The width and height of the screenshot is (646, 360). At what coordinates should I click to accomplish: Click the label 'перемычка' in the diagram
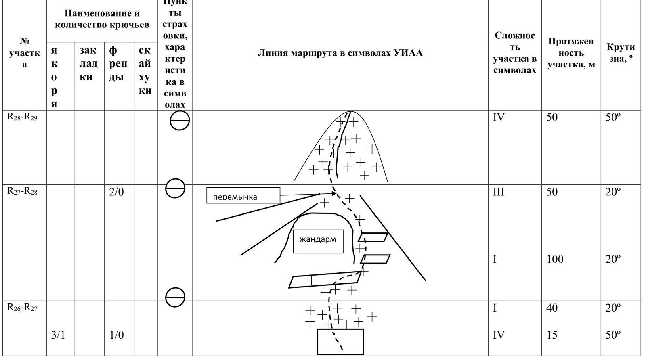(x=235, y=197)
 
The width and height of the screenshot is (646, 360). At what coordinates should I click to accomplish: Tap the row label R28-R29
(x=23, y=117)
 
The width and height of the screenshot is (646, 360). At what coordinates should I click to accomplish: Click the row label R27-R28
(x=23, y=191)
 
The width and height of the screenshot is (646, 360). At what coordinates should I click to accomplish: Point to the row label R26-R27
(x=23, y=308)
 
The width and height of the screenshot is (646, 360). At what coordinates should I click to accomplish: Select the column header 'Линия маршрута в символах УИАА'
(x=340, y=53)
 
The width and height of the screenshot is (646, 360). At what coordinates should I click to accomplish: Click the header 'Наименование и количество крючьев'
(x=102, y=19)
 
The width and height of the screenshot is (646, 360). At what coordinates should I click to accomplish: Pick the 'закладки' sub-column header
(x=89, y=63)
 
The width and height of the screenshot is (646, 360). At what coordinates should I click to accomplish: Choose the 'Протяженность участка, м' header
(x=571, y=53)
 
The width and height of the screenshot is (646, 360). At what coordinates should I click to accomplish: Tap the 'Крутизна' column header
(x=621, y=53)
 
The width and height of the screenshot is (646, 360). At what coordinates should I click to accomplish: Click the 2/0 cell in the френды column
(x=116, y=192)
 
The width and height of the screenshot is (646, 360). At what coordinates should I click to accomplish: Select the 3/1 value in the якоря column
(x=58, y=335)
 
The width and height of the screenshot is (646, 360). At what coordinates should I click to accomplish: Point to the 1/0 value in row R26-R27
(x=116, y=335)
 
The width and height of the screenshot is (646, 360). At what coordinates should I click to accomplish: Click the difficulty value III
(x=499, y=192)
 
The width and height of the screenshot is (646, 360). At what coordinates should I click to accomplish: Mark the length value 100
(x=555, y=259)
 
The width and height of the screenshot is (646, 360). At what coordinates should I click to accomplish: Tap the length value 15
(x=552, y=335)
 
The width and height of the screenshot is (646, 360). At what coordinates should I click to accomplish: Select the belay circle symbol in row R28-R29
(x=180, y=120)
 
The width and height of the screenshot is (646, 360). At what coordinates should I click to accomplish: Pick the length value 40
(x=552, y=308)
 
